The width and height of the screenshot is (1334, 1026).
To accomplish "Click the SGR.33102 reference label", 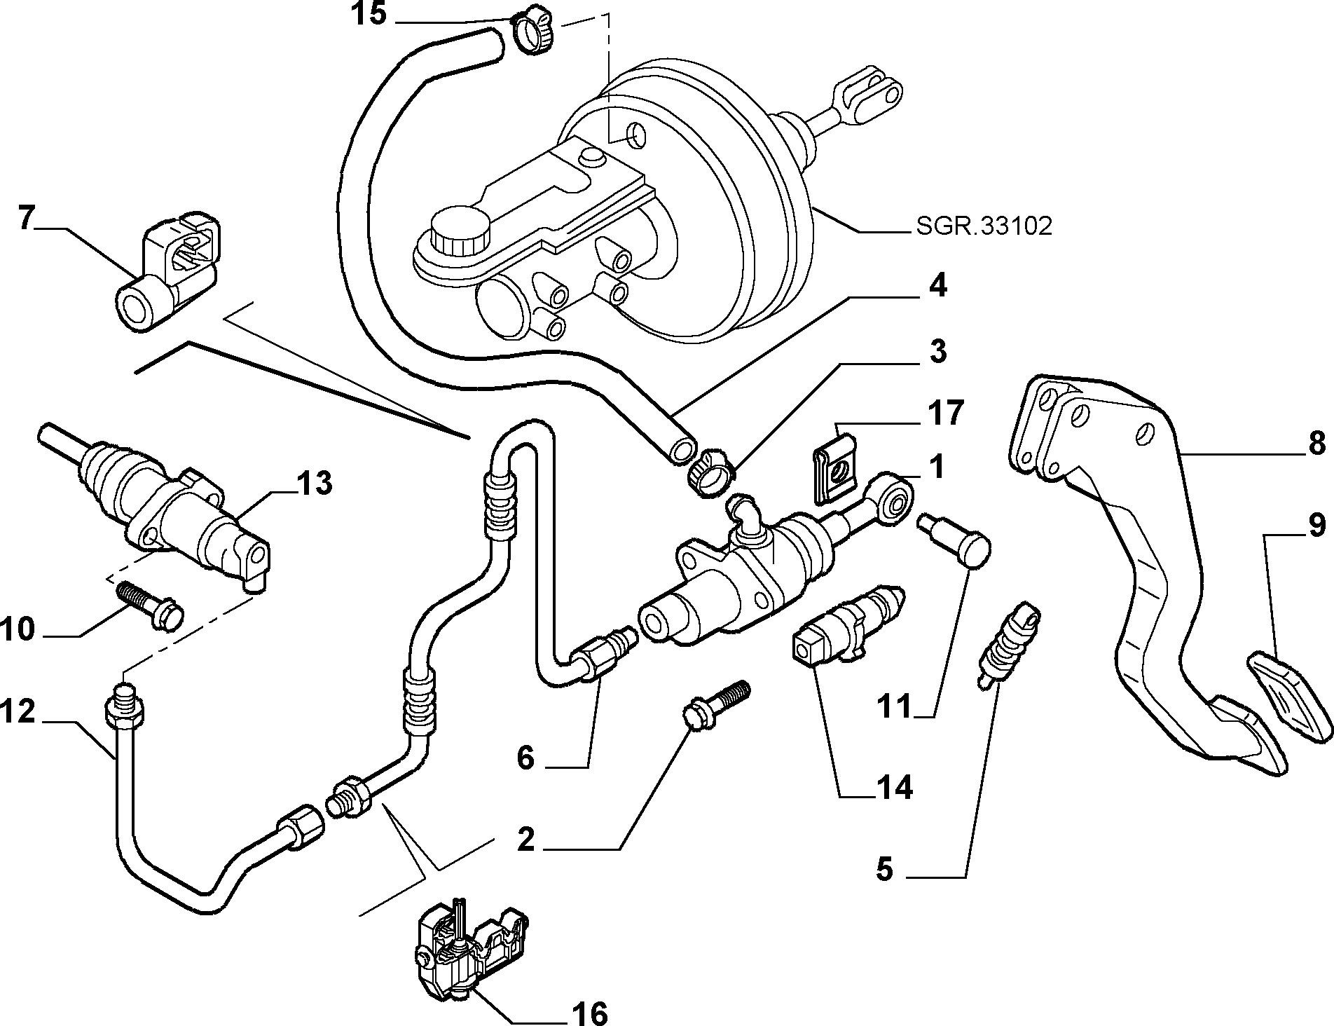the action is point(984,226).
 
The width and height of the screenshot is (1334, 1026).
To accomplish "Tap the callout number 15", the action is point(369,14).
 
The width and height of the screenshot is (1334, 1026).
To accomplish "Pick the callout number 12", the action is point(18,711).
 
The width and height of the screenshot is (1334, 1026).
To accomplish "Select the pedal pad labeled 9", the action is point(1290,708).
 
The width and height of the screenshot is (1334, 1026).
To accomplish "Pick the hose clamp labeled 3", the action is point(711,470).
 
